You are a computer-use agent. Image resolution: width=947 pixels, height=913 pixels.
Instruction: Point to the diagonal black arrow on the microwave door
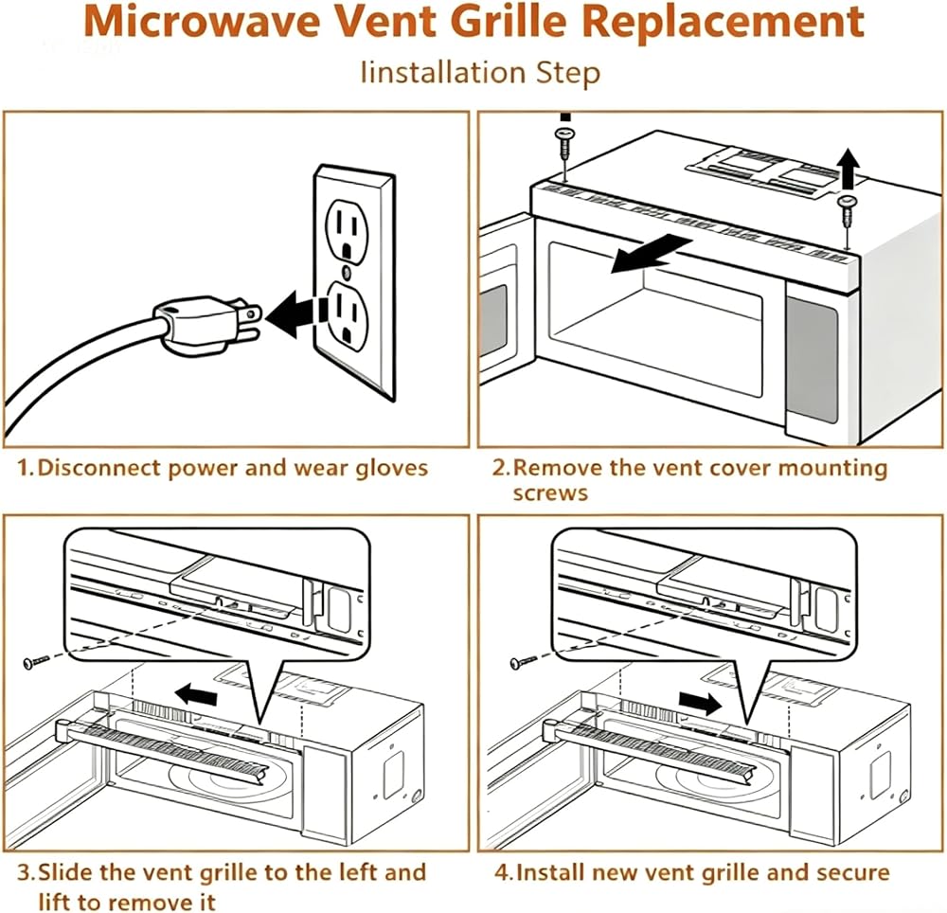coord(652,254)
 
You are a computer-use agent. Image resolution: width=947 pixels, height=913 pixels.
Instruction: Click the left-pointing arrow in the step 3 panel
coord(195,694)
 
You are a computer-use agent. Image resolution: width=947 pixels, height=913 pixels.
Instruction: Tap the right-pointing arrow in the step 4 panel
coord(700,702)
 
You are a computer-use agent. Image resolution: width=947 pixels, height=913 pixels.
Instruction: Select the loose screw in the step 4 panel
coord(523,662)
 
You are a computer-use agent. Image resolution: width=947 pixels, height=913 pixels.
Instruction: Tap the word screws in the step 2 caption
coord(550,493)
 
